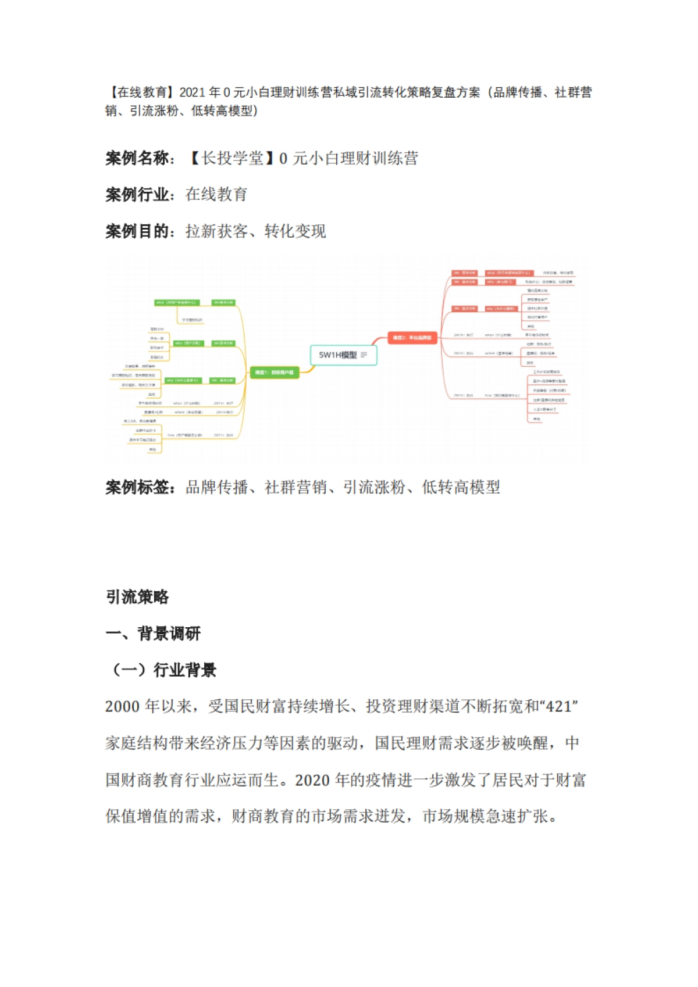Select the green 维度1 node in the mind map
pyautogui.click(x=275, y=372)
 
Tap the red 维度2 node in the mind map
pyautogui.click(x=412, y=337)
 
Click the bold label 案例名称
pyautogui.click(x=137, y=158)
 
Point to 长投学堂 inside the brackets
pyautogui.click(x=232, y=158)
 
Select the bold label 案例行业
pyautogui.click(x=137, y=195)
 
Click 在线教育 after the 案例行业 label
pyautogui.click(x=216, y=195)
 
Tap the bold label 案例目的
pyautogui.click(x=137, y=231)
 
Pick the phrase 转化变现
pyautogui.click(x=295, y=231)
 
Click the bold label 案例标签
pyautogui.click(x=137, y=487)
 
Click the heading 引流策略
pyautogui.click(x=137, y=597)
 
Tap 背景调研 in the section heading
pyautogui.click(x=169, y=634)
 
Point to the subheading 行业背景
pyautogui.click(x=184, y=670)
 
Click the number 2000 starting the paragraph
pyautogui.click(x=122, y=707)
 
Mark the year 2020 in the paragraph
pyautogui.click(x=312, y=780)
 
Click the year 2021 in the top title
pyautogui.click(x=193, y=92)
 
